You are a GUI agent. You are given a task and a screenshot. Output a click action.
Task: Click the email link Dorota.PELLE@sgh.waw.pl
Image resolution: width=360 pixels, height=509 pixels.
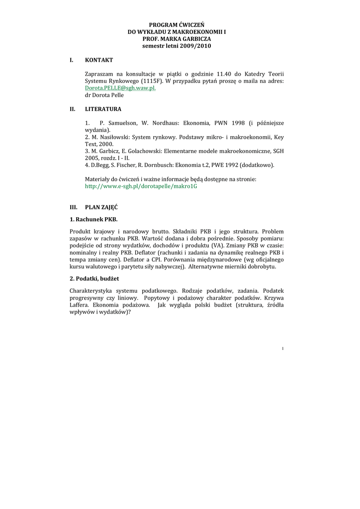coord(120,87)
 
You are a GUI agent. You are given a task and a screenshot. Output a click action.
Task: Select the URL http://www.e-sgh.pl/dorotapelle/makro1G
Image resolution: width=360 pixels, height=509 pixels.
coord(141,186)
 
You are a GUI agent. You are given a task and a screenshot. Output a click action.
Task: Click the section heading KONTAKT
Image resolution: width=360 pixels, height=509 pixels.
coord(99,60)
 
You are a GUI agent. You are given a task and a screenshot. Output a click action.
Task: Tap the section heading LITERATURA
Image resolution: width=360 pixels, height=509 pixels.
coord(103,109)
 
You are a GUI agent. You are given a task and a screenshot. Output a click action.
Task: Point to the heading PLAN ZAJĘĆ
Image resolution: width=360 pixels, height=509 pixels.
coord(101,207)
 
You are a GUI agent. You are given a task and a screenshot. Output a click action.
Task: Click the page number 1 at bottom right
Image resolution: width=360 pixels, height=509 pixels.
coord(282,348)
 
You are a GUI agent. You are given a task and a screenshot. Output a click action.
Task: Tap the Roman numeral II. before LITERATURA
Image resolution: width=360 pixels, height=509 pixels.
coord(73,109)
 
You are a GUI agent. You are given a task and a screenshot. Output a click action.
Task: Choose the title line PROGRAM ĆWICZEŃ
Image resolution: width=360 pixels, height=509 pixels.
coord(177,24)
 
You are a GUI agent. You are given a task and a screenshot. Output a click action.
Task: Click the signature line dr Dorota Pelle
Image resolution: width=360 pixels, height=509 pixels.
coord(104,95)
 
